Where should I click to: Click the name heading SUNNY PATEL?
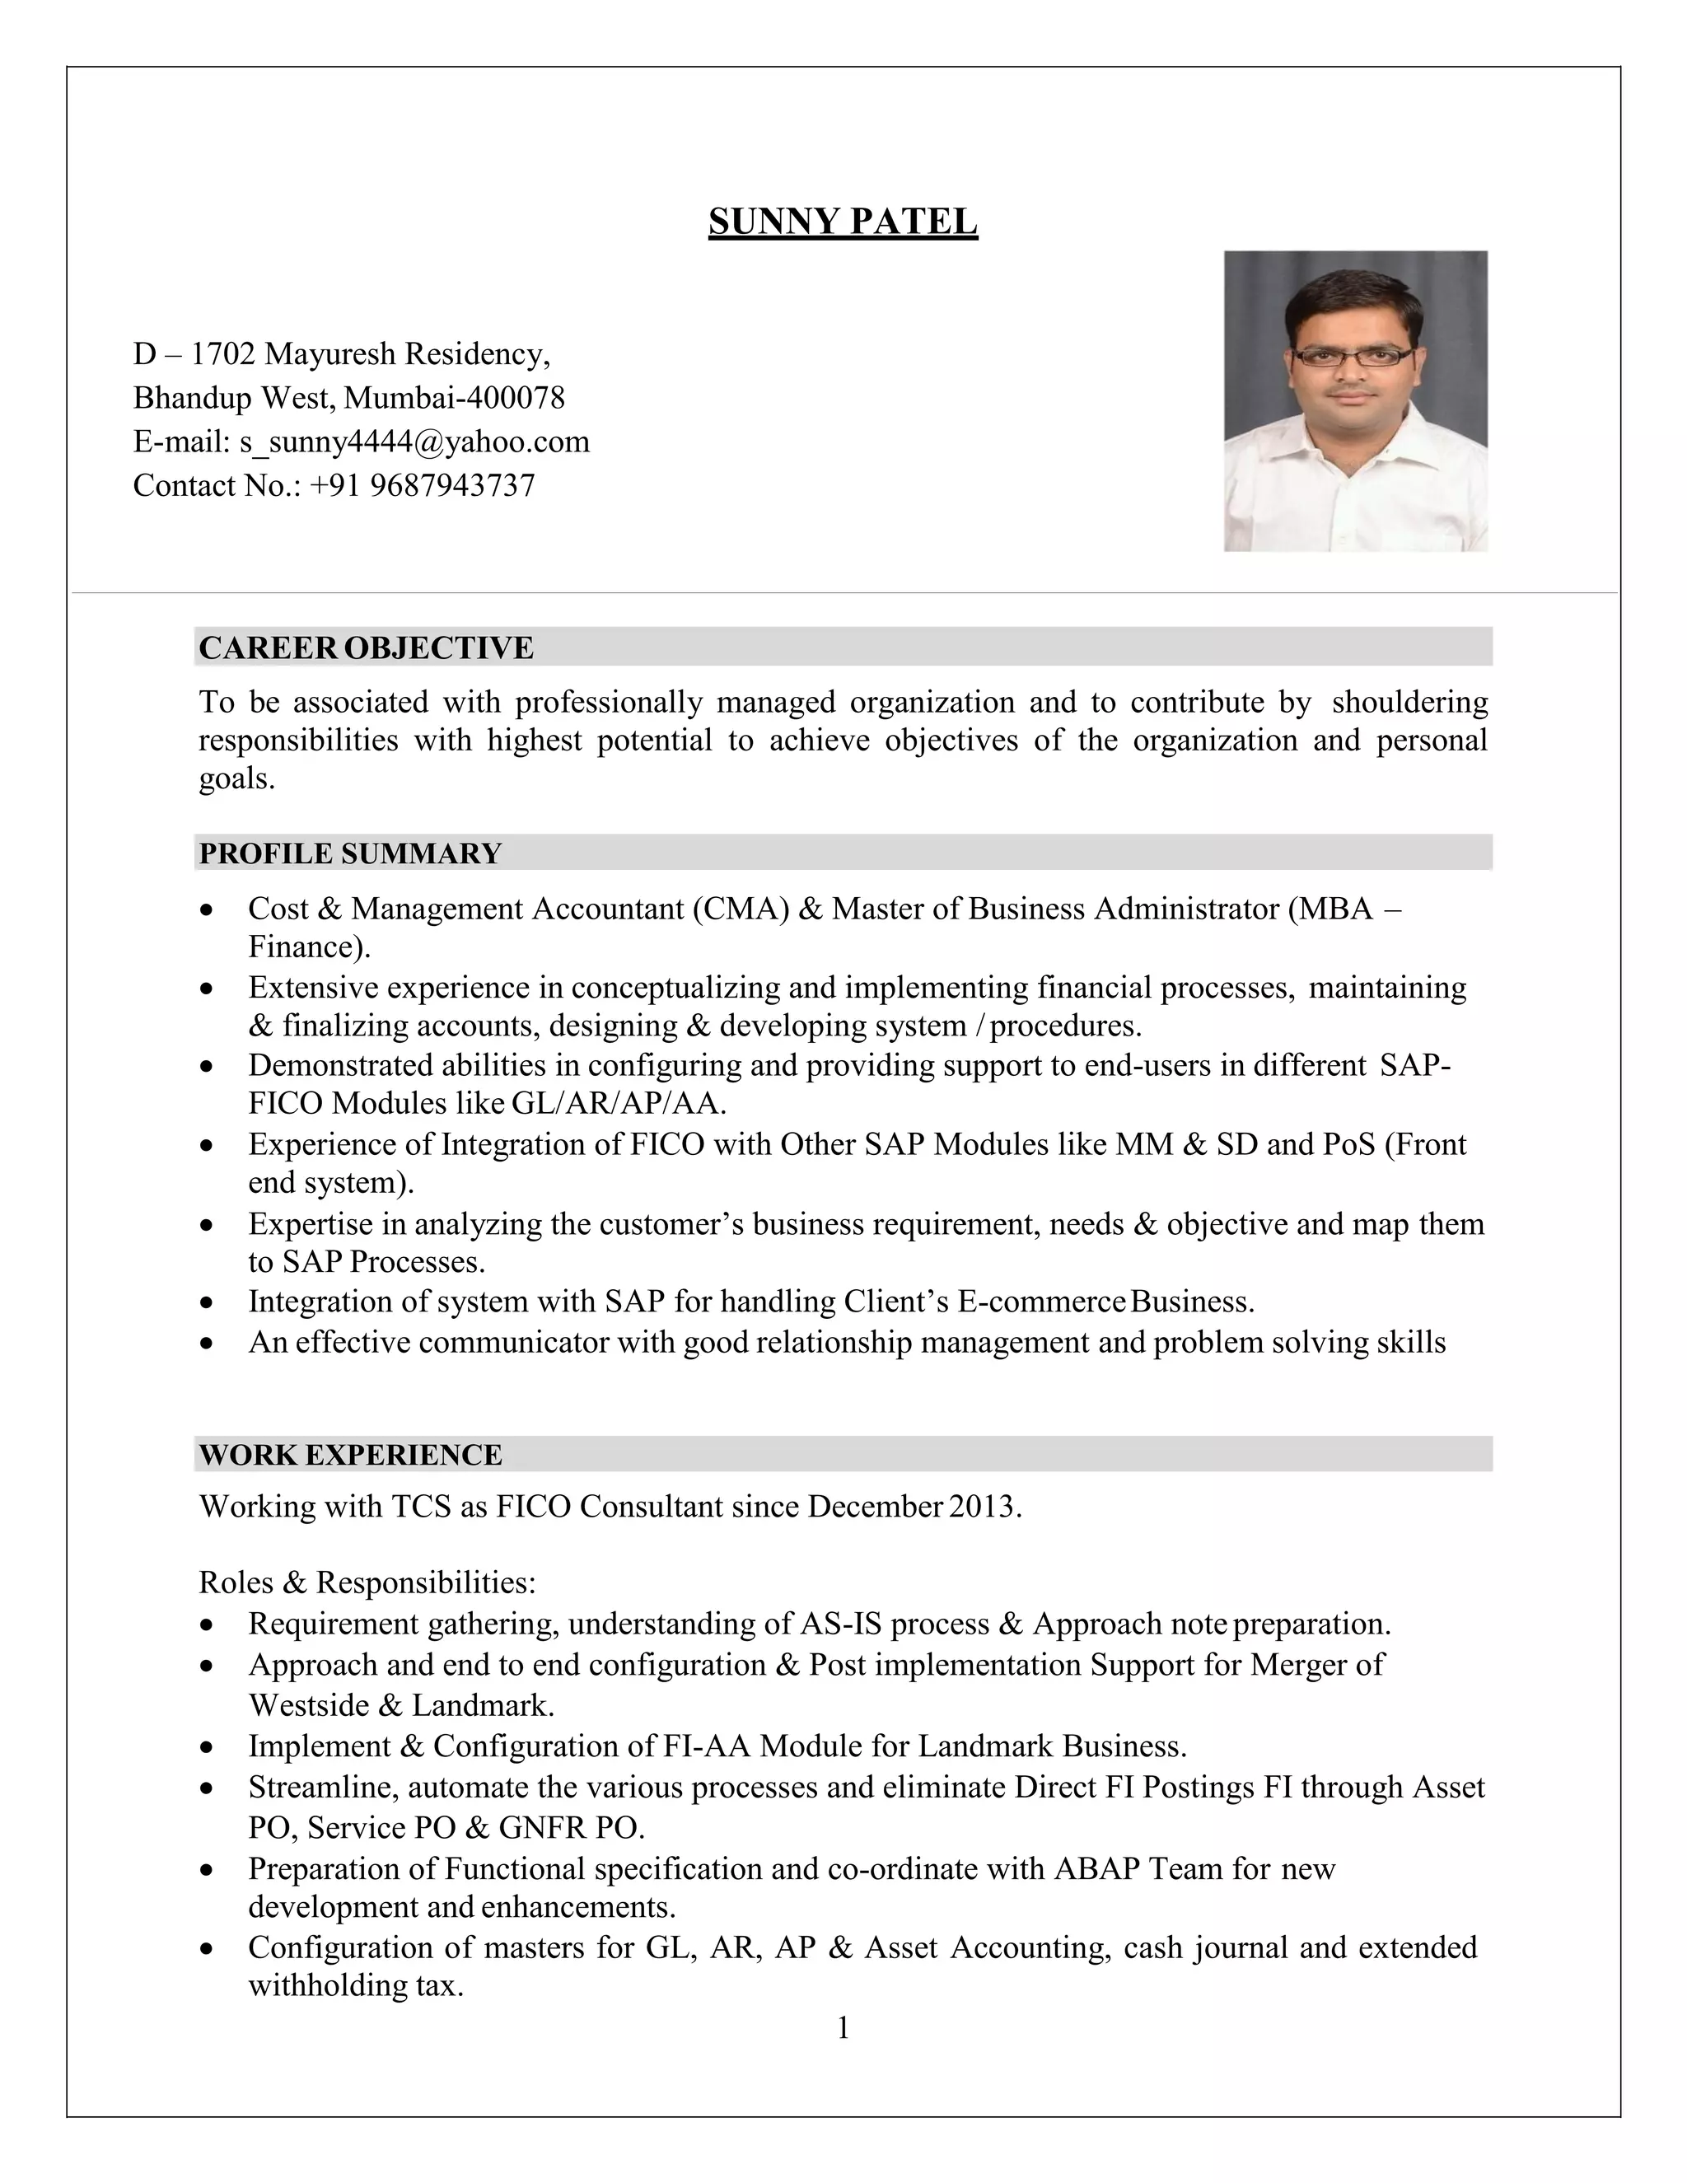coord(843,221)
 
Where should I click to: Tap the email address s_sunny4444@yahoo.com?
coord(414,442)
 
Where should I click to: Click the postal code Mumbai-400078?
coord(454,398)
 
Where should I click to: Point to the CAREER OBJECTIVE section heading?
coord(366,647)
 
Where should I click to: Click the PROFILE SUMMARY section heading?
coord(350,853)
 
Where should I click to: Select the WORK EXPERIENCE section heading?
coord(350,1454)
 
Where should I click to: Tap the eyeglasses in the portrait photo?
coord(1353,357)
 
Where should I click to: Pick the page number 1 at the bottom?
coord(843,2028)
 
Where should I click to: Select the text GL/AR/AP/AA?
coord(619,1104)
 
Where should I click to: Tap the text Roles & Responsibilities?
coord(367,1582)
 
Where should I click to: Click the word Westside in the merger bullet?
coord(309,1704)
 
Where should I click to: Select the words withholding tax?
coord(355,1985)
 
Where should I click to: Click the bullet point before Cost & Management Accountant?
coord(206,909)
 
